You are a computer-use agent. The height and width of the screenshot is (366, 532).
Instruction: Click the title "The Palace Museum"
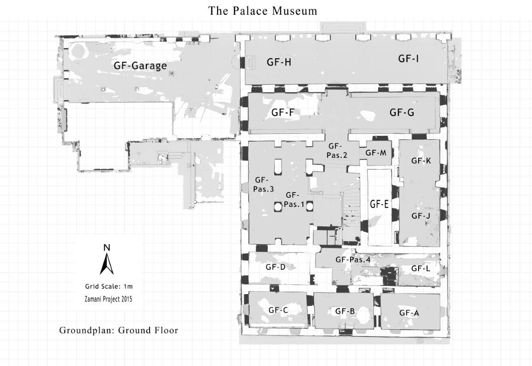coord(263,10)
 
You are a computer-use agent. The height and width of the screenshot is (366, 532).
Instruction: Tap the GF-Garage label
coord(140,65)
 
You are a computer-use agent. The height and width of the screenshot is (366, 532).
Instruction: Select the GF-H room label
coord(279,61)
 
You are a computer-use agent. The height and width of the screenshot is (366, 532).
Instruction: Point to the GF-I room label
coord(409,59)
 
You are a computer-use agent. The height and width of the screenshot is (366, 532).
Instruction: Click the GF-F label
coord(283,113)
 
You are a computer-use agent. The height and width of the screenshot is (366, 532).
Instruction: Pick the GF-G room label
coord(402,112)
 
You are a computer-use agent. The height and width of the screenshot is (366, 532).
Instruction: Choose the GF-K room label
coord(421,161)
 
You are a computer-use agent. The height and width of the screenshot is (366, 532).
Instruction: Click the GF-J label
coord(421,216)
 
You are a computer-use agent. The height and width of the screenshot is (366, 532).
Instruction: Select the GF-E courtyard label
coord(380,204)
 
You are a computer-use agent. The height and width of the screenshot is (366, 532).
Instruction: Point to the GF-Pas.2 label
coord(336,150)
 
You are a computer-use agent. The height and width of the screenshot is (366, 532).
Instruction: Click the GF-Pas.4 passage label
coord(352,260)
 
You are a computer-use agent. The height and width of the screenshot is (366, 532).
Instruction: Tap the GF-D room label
coord(275,267)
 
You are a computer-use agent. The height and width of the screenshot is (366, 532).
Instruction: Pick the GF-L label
coord(421,269)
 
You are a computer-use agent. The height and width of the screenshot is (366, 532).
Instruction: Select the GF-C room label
coord(278,310)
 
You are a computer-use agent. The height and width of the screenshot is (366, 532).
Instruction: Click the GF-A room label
coord(409,313)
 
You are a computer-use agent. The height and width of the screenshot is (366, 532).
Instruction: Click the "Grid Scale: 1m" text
coord(109,287)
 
